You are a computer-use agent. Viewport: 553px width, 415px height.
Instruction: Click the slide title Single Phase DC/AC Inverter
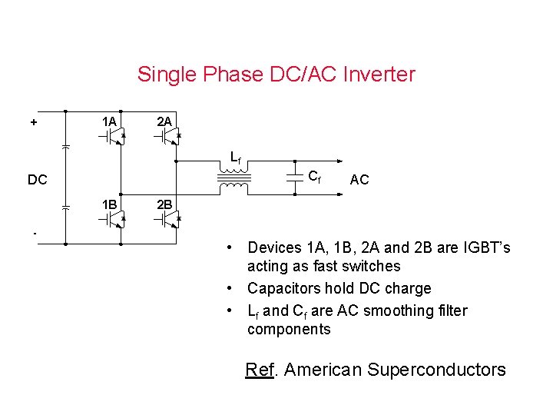(x=276, y=75)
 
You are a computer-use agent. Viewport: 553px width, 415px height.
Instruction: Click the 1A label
(x=109, y=121)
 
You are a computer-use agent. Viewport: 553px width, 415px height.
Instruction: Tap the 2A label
(x=164, y=121)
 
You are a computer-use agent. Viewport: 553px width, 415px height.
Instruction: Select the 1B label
(x=109, y=204)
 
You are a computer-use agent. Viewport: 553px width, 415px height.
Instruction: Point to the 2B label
(x=164, y=204)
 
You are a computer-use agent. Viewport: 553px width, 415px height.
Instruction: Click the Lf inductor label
(x=236, y=158)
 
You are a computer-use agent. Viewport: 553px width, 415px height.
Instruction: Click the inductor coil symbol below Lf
(x=233, y=180)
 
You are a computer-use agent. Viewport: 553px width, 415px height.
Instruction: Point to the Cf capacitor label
(x=315, y=176)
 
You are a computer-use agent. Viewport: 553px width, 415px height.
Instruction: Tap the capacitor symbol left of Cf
(x=294, y=178)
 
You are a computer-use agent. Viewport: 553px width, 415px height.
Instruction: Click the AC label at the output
(x=359, y=180)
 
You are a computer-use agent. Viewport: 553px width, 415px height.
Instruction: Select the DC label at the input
(x=38, y=180)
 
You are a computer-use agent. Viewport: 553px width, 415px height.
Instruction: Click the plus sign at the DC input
(x=34, y=121)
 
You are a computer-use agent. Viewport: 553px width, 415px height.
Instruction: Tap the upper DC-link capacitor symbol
(x=65, y=145)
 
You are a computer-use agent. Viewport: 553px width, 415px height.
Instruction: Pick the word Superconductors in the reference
(x=436, y=370)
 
